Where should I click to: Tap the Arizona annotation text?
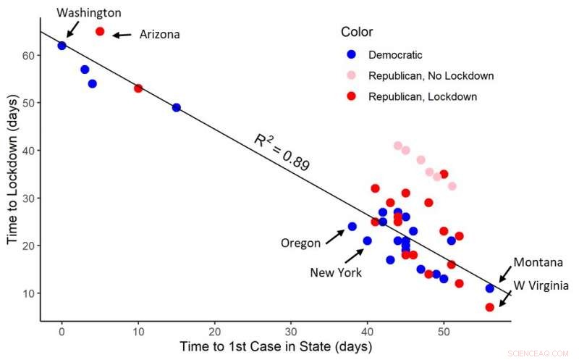click(x=160, y=34)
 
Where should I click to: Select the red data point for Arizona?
click(x=100, y=31)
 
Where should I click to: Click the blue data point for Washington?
click(x=62, y=46)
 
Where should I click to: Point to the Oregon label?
click(x=300, y=243)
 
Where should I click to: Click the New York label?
click(x=336, y=272)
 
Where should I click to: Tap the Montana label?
click(x=538, y=262)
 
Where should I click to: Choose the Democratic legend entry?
click(x=395, y=54)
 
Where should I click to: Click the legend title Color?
click(x=357, y=32)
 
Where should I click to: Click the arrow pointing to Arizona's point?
click(x=121, y=34)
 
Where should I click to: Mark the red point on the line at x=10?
click(x=138, y=88)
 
